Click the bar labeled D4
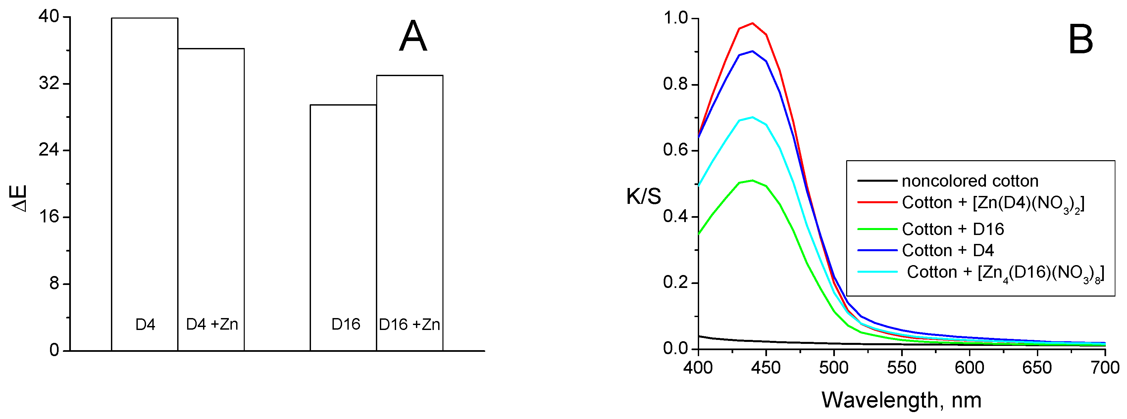(x=144, y=184)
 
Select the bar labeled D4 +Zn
(x=211, y=199)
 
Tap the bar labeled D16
(x=343, y=227)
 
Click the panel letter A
(x=413, y=37)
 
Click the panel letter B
(x=1080, y=40)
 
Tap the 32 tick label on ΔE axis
(x=49, y=83)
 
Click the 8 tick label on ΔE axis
(x=54, y=283)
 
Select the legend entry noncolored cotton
(x=969, y=181)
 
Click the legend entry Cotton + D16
(x=952, y=229)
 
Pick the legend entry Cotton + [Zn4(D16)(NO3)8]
(x=1005, y=272)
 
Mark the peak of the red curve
(x=752, y=23)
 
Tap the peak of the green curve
(x=752, y=180)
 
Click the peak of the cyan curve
(x=752, y=117)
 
